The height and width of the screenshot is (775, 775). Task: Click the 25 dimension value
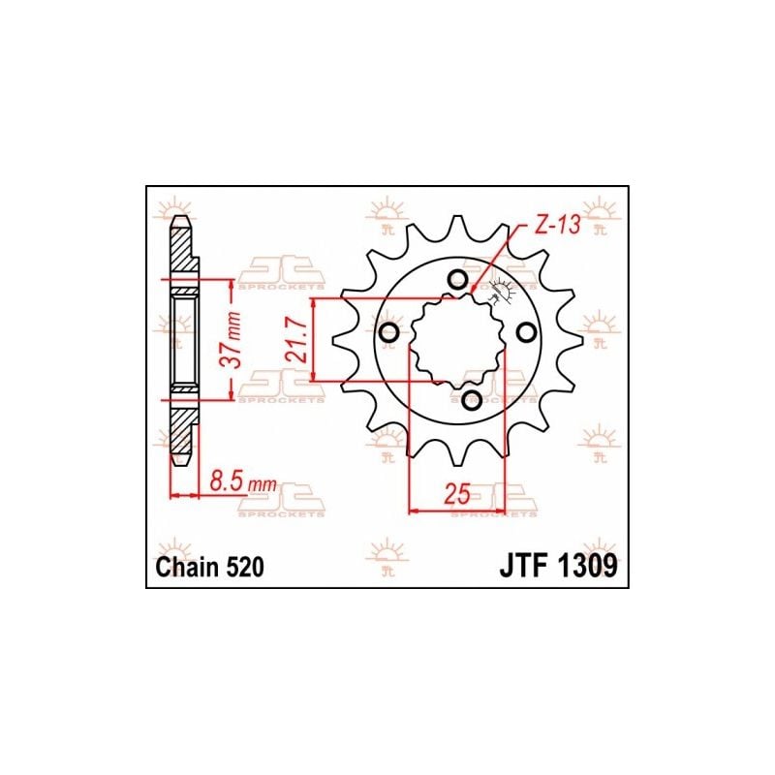tap(458, 494)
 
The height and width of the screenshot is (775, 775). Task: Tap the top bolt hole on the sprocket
tap(457, 280)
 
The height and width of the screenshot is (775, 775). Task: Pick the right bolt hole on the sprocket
tap(526, 333)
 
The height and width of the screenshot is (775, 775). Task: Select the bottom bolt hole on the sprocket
tap(472, 400)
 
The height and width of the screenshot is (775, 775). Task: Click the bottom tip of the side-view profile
tap(180, 462)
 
